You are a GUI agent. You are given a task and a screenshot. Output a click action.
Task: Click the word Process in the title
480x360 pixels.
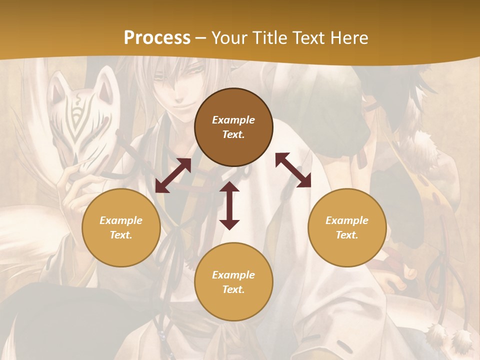click(157, 37)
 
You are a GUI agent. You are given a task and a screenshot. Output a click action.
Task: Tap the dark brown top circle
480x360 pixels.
click(233, 127)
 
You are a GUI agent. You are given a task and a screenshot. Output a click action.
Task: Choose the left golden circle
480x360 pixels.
click(121, 227)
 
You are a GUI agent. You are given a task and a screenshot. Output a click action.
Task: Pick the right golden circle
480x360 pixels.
click(347, 227)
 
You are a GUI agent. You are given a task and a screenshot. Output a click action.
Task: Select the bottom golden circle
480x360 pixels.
click(233, 281)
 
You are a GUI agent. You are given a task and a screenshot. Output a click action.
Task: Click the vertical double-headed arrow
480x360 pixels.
click(229, 205)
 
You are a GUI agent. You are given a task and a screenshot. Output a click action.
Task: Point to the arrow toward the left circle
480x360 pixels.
click(173, 175)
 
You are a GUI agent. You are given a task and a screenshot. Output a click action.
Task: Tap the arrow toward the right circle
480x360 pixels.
click(293, 170)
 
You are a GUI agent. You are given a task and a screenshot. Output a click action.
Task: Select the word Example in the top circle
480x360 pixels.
click(233, 120)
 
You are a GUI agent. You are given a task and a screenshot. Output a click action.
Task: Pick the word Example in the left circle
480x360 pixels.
click(121, 220)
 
